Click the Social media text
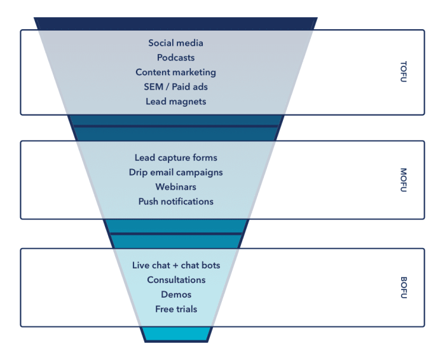(176, 43)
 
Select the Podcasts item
(176, 58)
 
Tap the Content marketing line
(176, 73)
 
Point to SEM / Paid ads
(176, 87)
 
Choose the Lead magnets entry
(176, 102)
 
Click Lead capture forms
(176, 158)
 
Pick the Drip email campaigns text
(176, 172)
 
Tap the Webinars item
(176, 187)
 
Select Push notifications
(176, 202)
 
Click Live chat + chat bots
(176, 265)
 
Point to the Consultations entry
(176, 280)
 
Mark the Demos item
(176, 294)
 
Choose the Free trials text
(176, 309)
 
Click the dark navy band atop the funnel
(176, 23)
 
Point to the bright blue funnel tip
(176, 334)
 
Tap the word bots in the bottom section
(209, 265)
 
